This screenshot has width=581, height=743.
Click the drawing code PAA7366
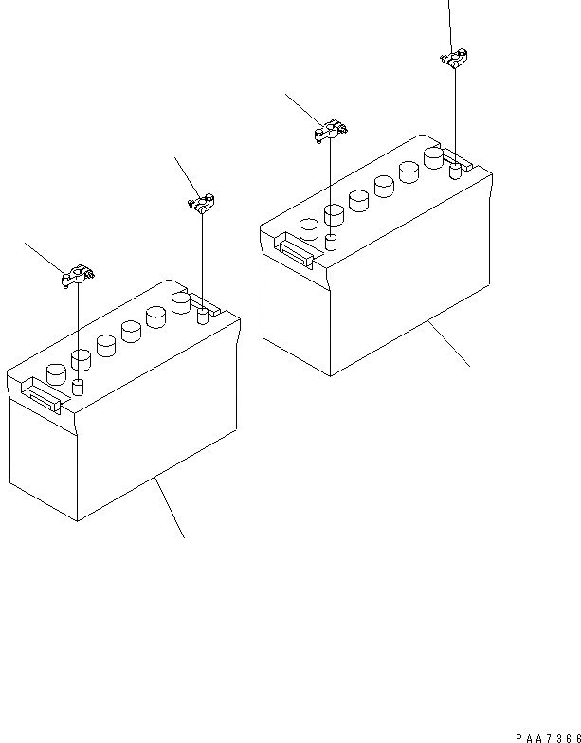click(549, 735)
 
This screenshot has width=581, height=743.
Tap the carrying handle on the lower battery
click(43, 395)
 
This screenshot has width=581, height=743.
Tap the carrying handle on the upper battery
click(296, 250)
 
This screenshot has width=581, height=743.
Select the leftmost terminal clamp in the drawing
click(76, 277)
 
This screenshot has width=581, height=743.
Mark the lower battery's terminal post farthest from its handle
click(202, 316)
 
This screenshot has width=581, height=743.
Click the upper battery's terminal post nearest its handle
click(331, 242)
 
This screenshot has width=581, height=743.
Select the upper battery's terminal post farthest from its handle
click(455, 171)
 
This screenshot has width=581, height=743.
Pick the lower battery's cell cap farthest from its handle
click(181, 302)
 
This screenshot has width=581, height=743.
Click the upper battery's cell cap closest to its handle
click(309, 228)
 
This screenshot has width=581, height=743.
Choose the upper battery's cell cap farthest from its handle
click(434, 156)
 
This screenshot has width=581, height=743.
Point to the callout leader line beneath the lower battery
click(170, 507)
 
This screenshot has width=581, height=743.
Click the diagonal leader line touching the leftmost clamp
click(44, 256)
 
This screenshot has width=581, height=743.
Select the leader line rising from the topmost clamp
click(450, 24)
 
